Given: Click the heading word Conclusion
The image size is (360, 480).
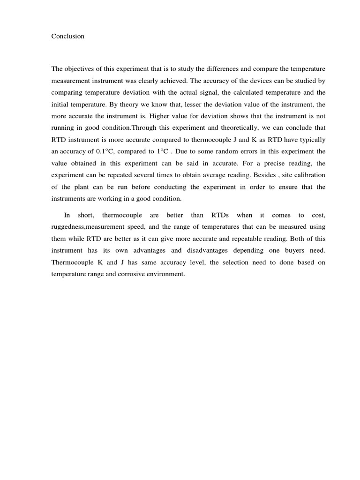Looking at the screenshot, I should pos(68,36).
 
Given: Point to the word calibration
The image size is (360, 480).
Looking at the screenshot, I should pos(310,175).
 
